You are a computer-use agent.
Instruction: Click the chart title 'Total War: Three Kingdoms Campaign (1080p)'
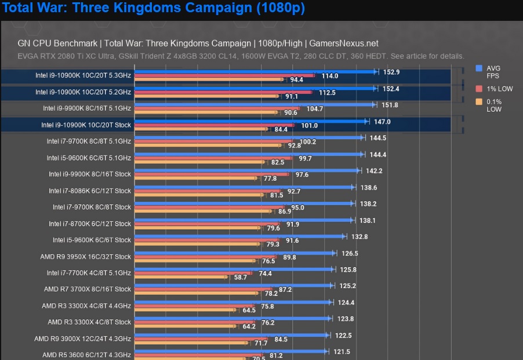154,9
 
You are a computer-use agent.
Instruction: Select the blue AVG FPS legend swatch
479,68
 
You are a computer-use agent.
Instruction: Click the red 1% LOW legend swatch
479,89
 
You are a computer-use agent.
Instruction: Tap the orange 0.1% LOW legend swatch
479,102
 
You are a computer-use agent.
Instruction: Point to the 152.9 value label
391,72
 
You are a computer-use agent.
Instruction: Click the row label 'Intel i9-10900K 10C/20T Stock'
86,125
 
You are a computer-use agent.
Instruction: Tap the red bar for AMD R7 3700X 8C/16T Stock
203,289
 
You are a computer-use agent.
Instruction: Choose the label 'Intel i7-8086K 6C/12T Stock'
90,191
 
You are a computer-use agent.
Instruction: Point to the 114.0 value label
330,76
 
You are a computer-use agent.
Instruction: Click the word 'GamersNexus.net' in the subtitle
344,43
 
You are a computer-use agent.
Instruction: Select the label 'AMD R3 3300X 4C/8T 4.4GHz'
86,306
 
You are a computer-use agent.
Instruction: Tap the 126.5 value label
349,253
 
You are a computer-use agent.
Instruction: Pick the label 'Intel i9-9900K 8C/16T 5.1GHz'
87,108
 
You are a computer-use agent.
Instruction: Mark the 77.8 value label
270,179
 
